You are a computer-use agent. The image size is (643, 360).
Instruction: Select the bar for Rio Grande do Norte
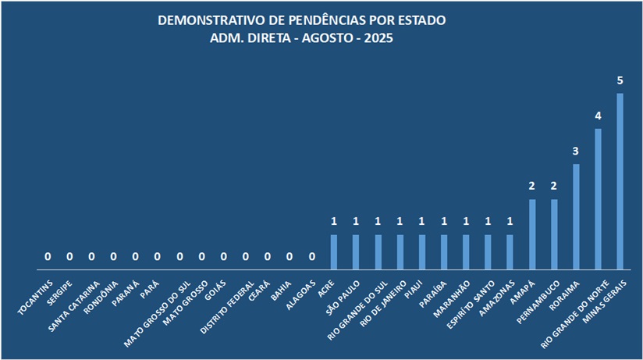pos(599,199)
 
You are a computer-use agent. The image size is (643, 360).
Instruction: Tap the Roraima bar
pos(577,216)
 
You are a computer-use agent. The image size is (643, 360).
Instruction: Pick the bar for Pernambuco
pos(555,234)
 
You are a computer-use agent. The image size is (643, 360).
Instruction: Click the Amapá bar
pos(532,234)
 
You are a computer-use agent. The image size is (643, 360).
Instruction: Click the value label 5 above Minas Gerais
pos(620,80)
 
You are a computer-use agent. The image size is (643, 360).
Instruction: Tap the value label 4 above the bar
pos(599,116)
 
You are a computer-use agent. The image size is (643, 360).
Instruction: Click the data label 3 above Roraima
pos(577,151)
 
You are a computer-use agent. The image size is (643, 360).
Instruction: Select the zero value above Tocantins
pos(48,256)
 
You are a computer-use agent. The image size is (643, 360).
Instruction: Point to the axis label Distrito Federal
pos(227,306)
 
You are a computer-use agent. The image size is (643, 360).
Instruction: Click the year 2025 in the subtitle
pos(378,37)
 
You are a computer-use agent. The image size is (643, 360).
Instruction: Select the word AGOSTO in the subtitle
pos(319,37)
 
